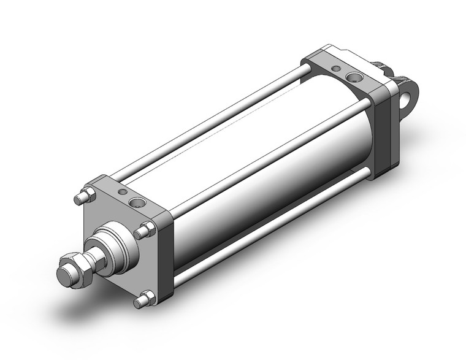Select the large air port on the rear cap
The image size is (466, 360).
click(353, 77)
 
